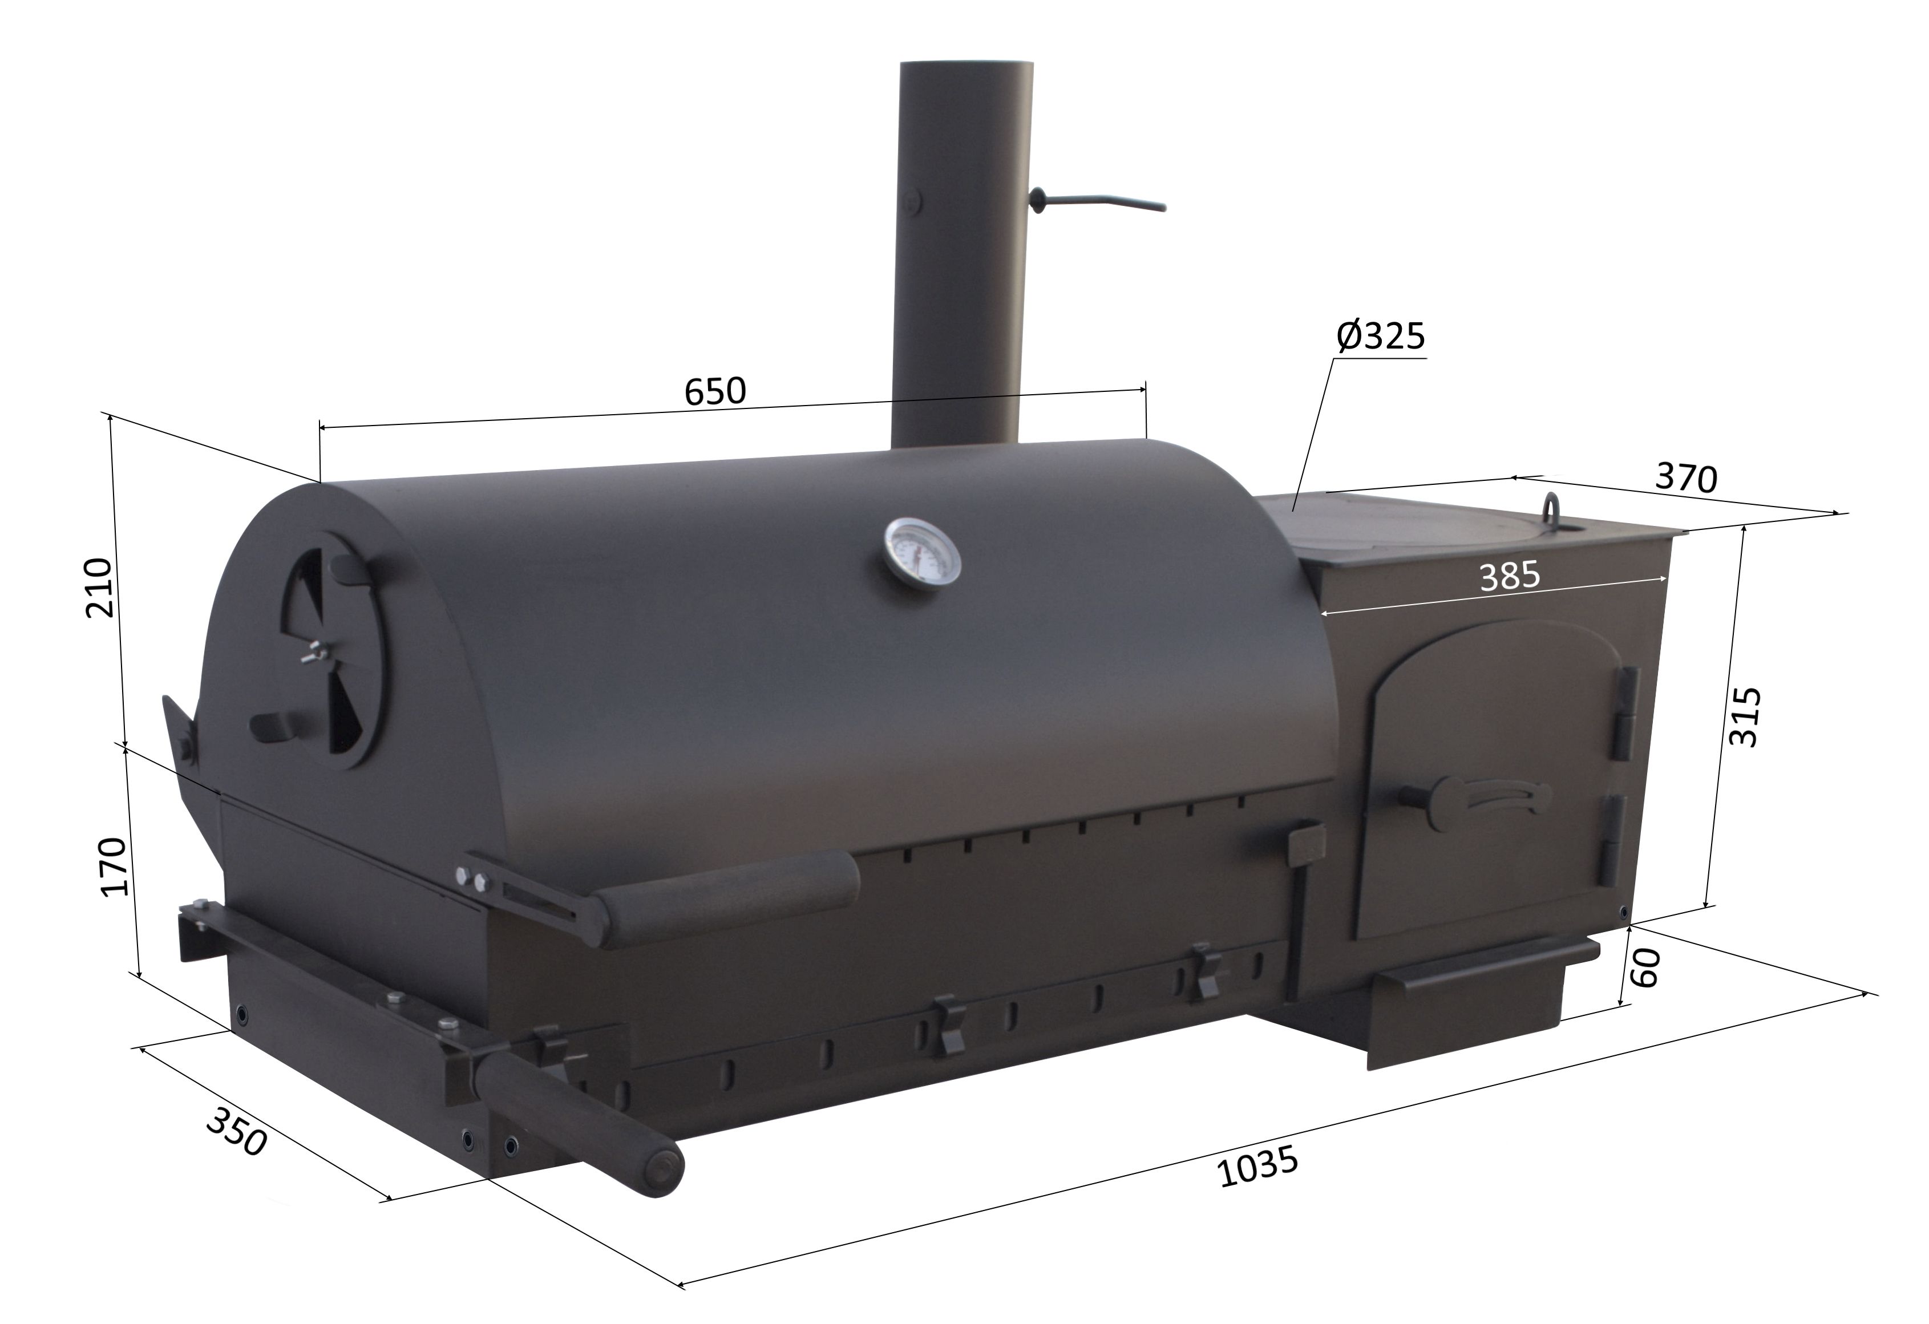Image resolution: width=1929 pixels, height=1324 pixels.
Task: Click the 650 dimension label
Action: [715, 391]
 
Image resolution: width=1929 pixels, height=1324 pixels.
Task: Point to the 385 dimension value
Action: [1510, 576]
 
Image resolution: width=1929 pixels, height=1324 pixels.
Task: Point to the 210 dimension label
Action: [100, 588]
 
